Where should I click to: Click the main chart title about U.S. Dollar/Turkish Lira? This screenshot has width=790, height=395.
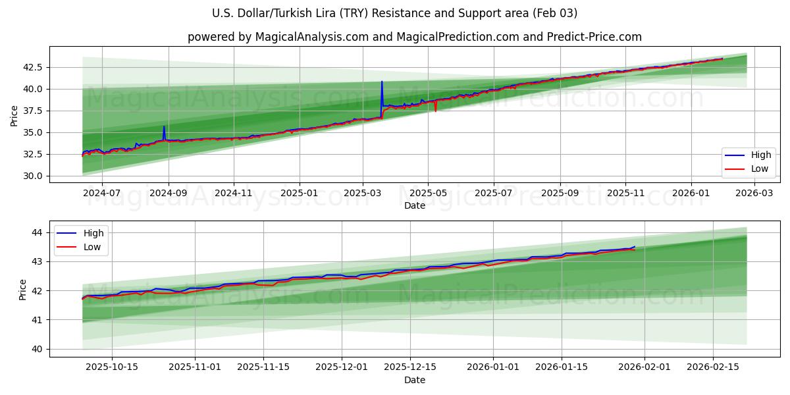pos(394,13)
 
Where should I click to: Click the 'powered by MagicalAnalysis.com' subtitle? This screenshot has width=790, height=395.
pos(414,37)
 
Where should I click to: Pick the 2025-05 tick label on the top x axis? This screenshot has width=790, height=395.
pos(428,194)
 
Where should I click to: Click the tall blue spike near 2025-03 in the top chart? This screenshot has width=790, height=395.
pos(382,83)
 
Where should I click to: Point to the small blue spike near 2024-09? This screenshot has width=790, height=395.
pos(164,127)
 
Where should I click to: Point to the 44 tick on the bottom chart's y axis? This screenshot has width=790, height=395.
pos(37,232)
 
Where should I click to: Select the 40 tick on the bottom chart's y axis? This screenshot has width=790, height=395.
pos(37,349)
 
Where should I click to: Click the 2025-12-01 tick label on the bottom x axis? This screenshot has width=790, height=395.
pos(341,367)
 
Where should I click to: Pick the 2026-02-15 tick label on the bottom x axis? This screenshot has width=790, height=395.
pos(713,367)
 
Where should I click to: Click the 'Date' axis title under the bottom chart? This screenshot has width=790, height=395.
pos(414,380)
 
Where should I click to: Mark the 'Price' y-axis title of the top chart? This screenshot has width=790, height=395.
pos(14,115)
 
